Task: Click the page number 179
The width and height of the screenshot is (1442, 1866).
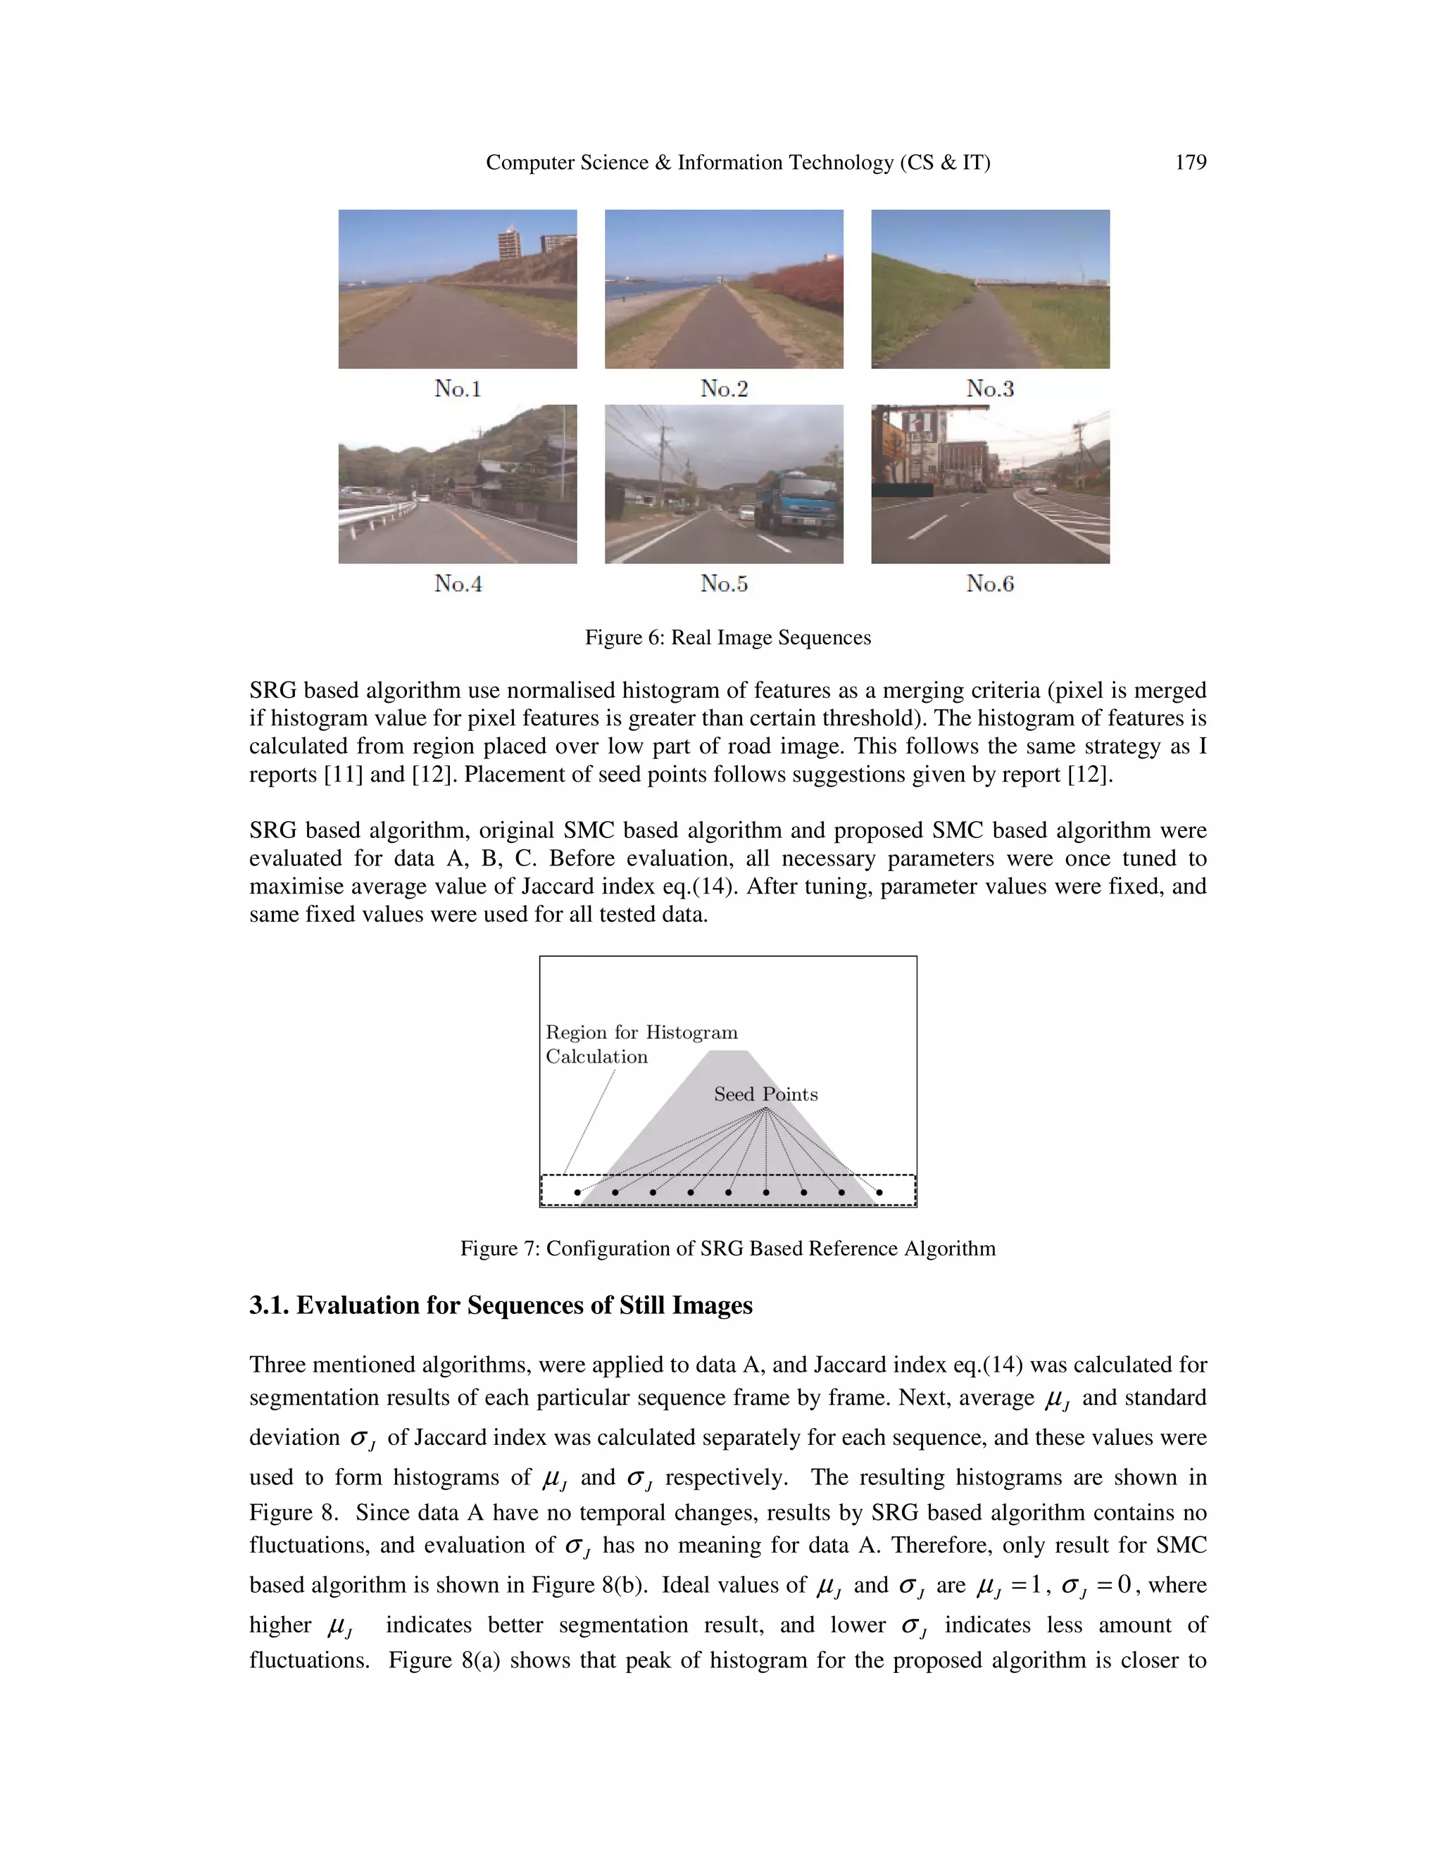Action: point(1190,163)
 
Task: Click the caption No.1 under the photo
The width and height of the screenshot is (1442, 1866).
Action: point(458,389)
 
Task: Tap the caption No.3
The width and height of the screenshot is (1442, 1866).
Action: point(990,389)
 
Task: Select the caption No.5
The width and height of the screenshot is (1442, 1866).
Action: point(724,584)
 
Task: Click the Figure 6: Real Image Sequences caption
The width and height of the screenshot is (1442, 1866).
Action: point(728,637)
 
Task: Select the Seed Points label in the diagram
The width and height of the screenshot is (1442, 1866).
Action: point(765,1094)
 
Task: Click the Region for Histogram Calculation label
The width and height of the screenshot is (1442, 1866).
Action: point(641,1044)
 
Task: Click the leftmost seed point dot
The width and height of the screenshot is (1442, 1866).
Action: point(577,1192)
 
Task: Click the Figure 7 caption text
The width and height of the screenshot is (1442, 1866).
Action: point(728,1248)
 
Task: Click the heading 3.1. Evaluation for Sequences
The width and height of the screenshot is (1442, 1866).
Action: point(501,1305)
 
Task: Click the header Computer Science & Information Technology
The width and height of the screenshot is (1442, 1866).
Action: point(737,163)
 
